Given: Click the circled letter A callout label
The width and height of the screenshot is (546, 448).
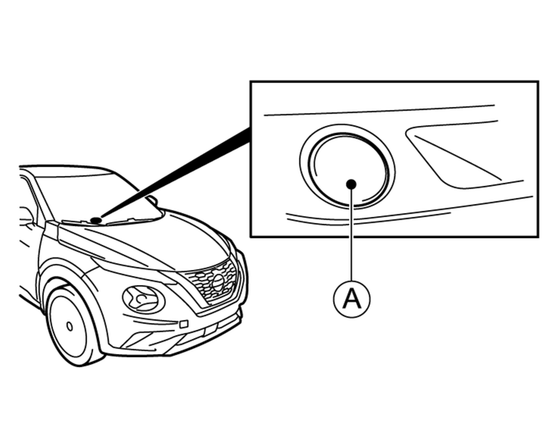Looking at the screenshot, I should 351,299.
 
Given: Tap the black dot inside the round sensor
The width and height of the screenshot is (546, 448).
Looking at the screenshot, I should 351,183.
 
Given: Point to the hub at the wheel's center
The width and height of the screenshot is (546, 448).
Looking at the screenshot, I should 68,326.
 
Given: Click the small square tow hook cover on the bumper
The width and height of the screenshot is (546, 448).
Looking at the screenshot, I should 184,324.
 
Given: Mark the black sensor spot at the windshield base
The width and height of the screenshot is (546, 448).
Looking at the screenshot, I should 96,221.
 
